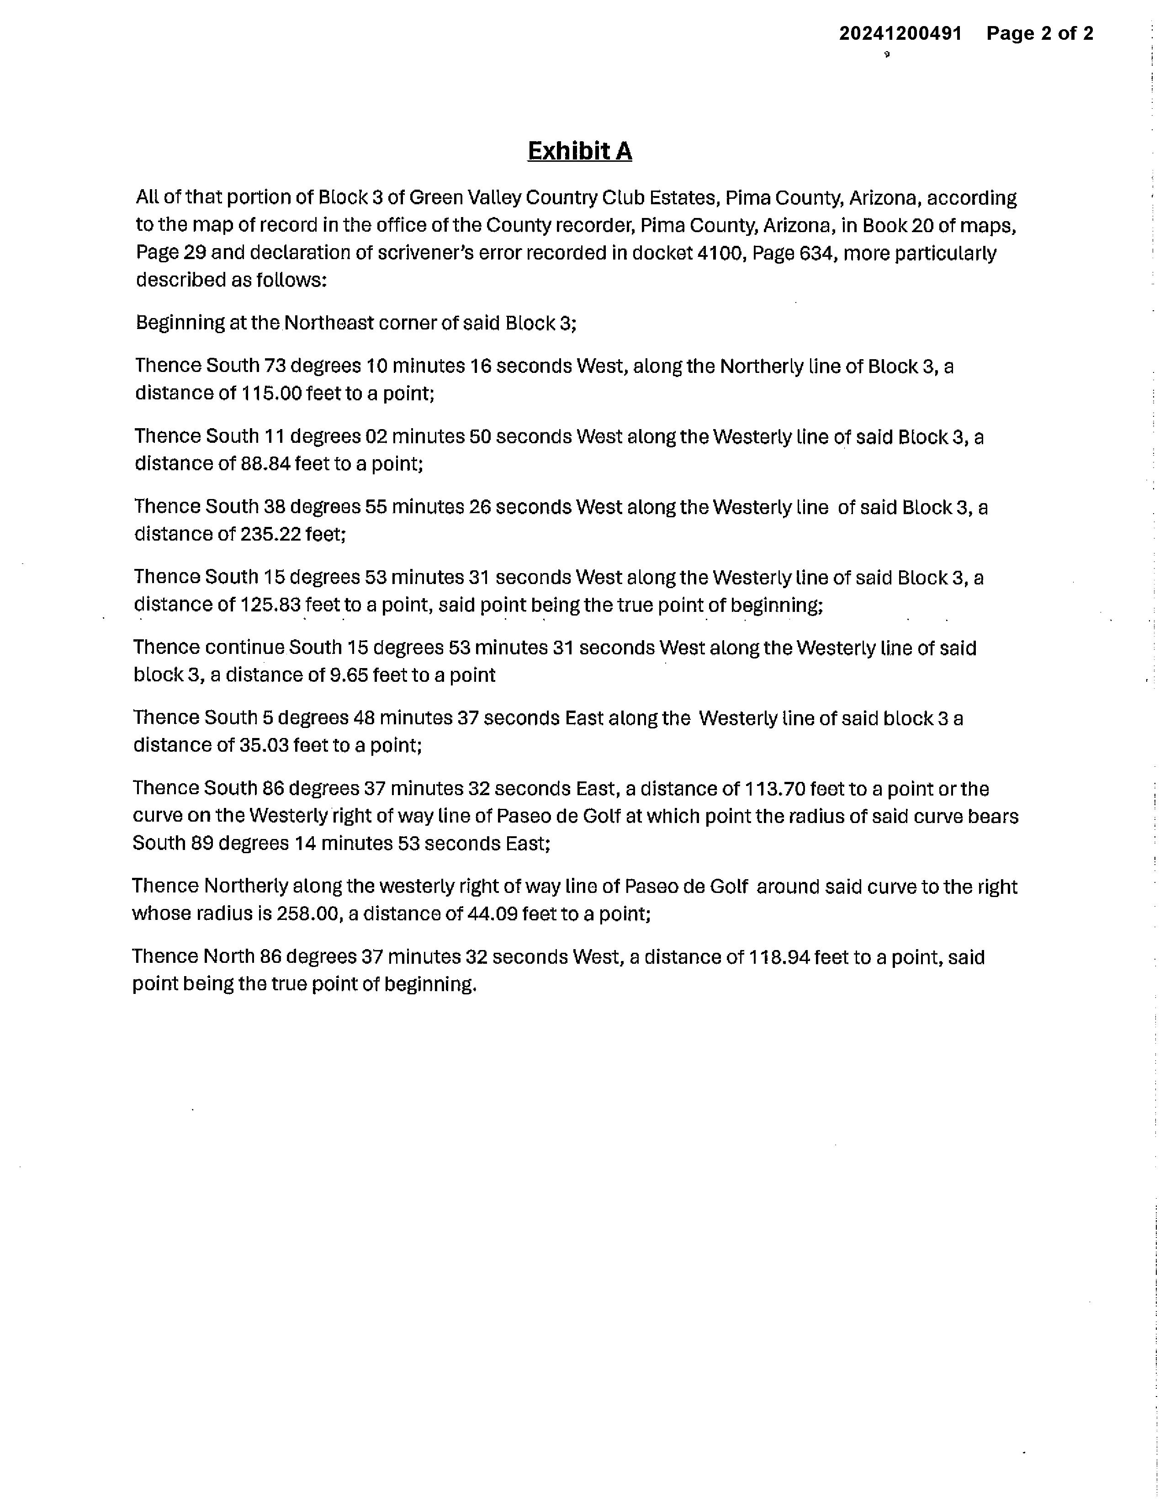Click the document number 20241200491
(900, 33)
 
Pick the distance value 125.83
(270, 605)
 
